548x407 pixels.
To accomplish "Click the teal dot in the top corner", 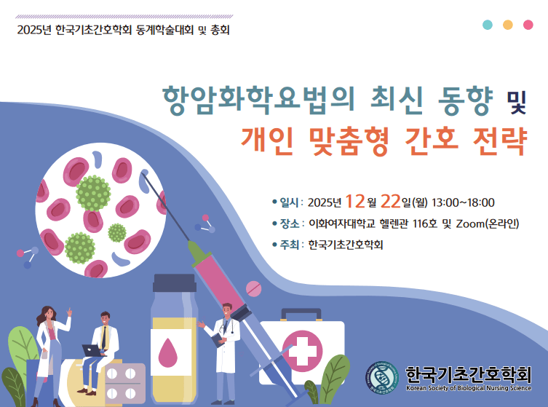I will [488, 24].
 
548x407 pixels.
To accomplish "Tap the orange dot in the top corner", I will [508, 24].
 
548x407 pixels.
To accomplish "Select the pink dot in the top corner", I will [528, 24].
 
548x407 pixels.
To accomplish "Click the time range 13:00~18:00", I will [463, 202].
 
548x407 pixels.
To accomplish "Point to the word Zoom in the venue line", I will [459, 224].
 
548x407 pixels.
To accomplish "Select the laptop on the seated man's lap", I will [93, 350].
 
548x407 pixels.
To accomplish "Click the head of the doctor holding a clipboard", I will [228, 309].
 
